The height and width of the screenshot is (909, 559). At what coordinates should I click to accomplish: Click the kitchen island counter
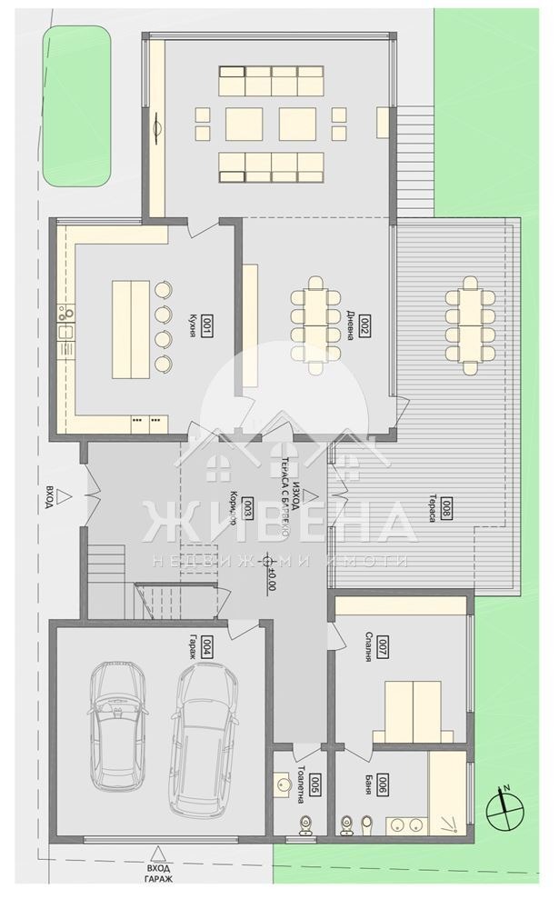(x=130, y=328)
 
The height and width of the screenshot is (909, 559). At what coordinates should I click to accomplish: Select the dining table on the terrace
(x=469, y=325)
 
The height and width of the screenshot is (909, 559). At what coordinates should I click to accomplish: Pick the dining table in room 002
(x=314, y=325)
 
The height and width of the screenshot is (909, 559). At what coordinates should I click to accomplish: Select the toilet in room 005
(x=304, y=823)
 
